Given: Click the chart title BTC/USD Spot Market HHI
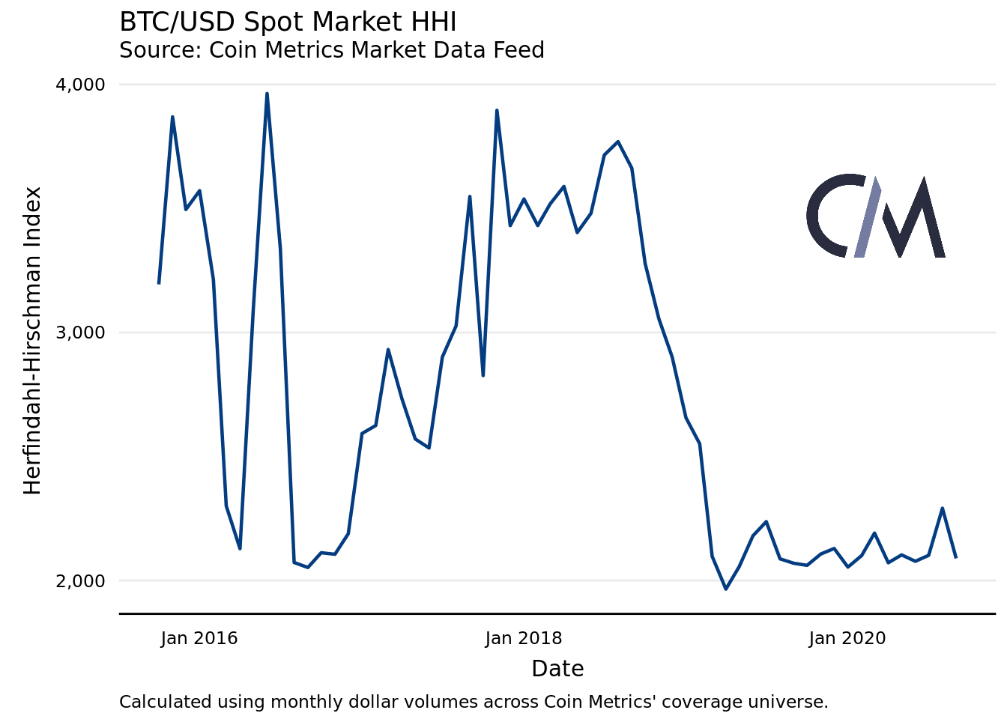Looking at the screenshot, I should (288, 22).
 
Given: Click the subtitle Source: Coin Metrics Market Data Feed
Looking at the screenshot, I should (331, 50).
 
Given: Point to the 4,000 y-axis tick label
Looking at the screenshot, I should (80, 85).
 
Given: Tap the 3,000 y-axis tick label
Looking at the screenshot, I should (80, 333).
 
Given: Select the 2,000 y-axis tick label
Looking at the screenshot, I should (80, 581).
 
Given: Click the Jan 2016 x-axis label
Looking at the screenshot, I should (199, 638).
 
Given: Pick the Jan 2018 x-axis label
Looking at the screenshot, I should (523, 638).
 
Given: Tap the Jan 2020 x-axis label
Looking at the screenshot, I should (847, 638).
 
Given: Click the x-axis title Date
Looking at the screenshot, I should (557, 669).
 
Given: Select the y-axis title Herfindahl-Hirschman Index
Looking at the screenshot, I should (32, 341).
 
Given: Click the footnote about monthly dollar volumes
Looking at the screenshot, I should (474, 703).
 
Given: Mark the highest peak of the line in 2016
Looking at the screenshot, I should (267, 94).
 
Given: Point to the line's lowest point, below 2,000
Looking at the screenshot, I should (725, 589).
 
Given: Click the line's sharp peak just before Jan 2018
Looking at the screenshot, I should (497, 110).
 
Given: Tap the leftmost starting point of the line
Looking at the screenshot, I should (159, 283).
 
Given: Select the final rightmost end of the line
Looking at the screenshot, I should (956, 557).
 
